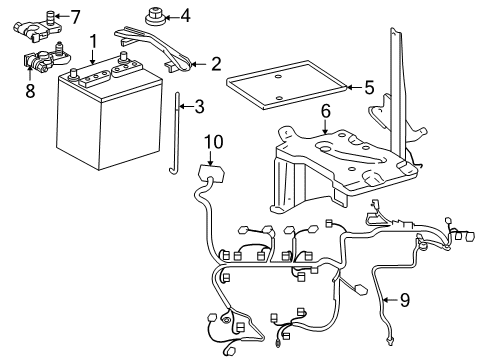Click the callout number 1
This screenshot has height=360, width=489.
point(92,42)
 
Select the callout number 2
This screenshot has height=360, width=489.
point(215,65)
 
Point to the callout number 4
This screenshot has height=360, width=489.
point(184,16)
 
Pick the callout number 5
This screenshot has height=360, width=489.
point(369,88)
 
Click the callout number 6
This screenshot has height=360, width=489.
point(325,113)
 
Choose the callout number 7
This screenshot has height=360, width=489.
point(76,16)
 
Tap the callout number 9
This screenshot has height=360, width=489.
point(405,298)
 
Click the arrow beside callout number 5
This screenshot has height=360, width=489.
point(351,88)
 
